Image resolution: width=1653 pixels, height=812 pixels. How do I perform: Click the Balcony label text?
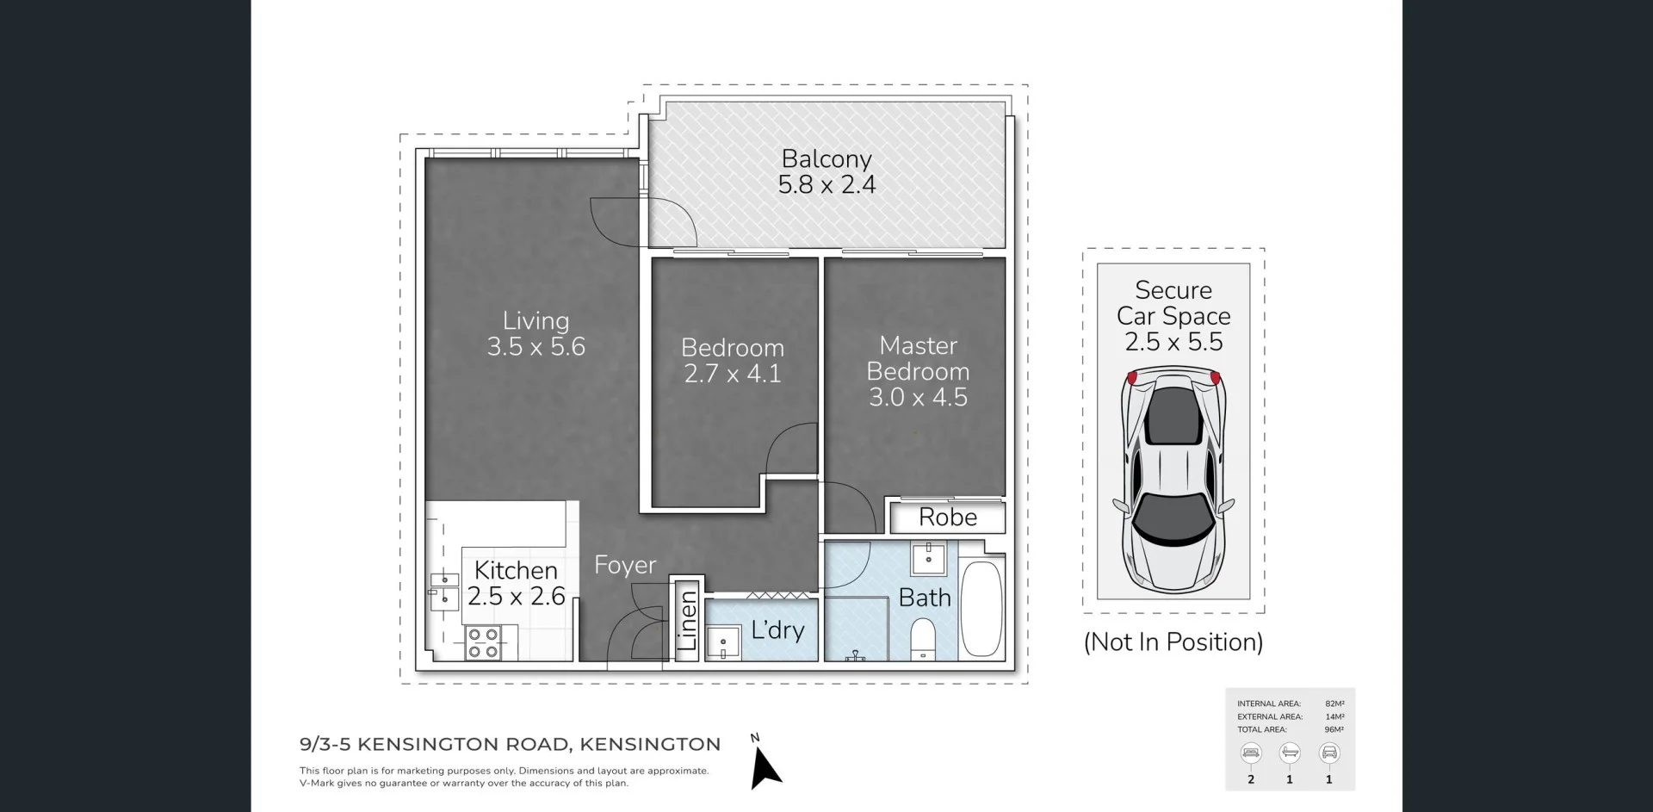tap(826, 159)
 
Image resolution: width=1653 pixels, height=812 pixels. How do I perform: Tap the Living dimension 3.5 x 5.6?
tap(536, 347)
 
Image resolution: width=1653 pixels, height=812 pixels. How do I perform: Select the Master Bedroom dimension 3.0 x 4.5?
tap(918, 398)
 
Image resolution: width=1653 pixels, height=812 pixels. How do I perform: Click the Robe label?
tap(948, 518)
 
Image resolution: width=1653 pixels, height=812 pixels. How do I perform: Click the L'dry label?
tap(777, 630)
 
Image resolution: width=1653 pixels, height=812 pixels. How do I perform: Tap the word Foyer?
tap(625, 566)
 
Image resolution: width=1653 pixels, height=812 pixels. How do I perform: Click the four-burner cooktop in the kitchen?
tap(483, 643)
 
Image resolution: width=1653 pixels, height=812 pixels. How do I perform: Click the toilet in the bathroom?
tap(923, 640)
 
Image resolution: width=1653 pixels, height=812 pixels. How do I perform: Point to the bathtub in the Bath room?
tap(981, 609)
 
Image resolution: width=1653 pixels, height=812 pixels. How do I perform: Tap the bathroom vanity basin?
tap(928, 558)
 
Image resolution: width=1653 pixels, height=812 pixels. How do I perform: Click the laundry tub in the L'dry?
tap(723, 642)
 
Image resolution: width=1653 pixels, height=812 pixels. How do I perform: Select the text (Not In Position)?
tap(1173, 642)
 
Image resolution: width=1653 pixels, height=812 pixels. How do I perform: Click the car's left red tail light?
tap(1132, 377)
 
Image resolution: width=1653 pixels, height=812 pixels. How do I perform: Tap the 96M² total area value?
tap(1334, 729)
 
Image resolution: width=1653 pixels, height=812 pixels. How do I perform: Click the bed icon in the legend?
tap(1251, 753)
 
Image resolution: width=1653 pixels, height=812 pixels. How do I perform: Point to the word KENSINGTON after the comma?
tap(650, 744)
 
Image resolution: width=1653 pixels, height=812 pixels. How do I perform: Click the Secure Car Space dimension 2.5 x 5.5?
tap(1173, 343)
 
